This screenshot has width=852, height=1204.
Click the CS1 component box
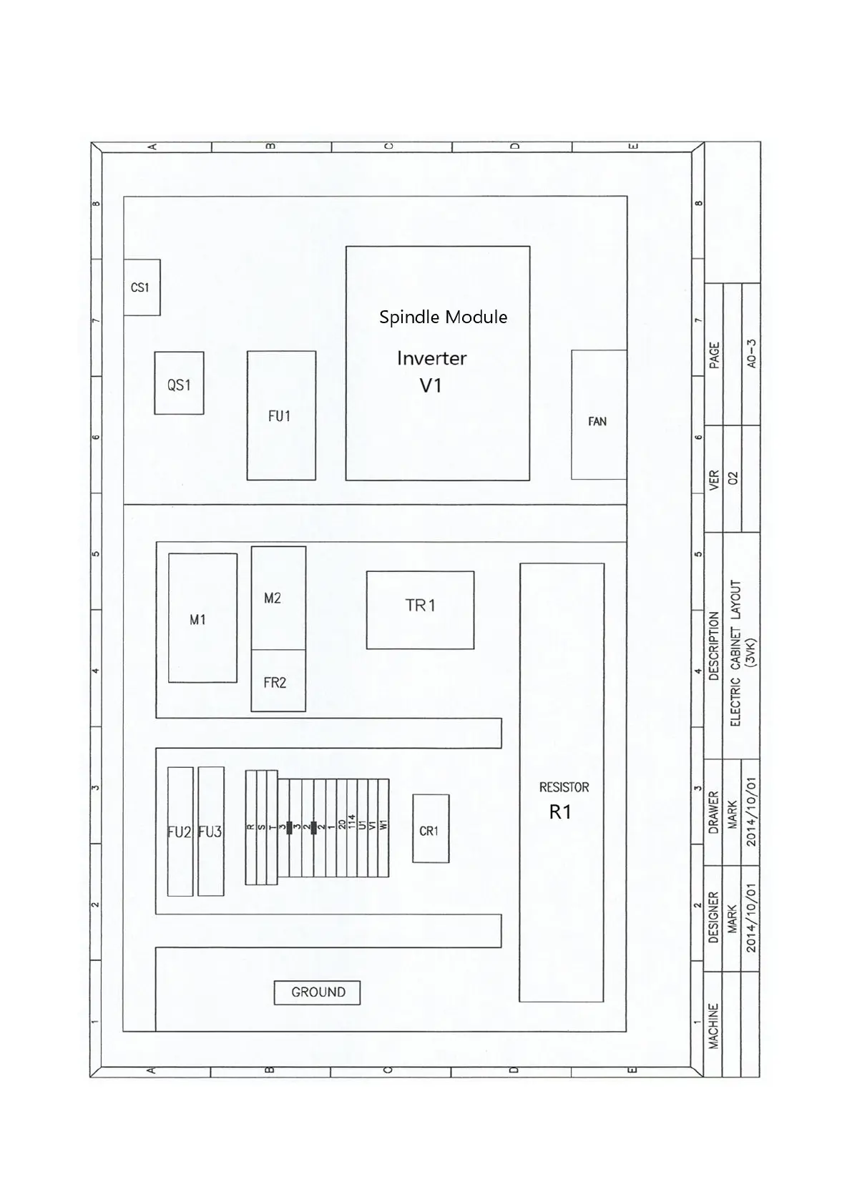click(142, 287)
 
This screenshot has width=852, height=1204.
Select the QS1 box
click(179, 383)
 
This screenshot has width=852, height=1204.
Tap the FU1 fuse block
click(281, 415)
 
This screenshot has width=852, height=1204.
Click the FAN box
click(599, 415)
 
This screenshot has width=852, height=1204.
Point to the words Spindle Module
click(444, 317)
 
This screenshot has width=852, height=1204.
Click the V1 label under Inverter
click(431, 385)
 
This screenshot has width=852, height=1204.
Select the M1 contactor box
click(202, 618)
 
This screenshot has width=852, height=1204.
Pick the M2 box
click(278, 598)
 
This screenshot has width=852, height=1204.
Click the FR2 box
click(278, 681)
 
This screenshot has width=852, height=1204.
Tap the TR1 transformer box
click(420, 610)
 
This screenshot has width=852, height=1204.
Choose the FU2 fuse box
click(180, 832)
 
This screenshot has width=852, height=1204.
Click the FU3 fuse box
click(211, 832)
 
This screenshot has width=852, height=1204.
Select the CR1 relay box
click(431, 829)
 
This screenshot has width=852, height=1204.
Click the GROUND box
click(318, 992)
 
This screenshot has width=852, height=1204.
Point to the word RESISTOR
click(564, 787)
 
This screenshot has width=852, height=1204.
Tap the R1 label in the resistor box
click(560, 811)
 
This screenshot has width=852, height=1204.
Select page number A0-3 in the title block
click(752, 353)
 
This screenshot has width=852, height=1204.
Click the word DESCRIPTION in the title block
click(714, 646)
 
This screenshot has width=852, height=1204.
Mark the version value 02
click(732, 478)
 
